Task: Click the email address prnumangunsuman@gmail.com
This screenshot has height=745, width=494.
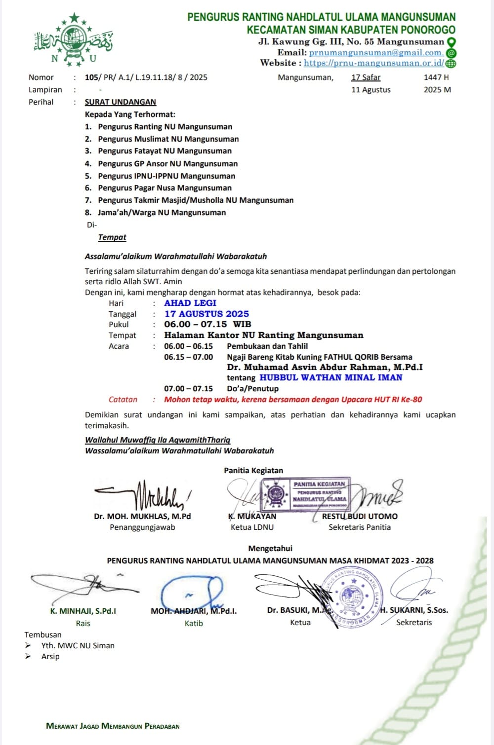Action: click(x=375, y=53)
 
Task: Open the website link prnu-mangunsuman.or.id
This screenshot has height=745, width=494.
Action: click(x=373, y=63)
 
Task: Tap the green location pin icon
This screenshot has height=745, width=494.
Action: click(x=451, y=42)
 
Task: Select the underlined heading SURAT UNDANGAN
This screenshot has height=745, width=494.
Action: click(x=120, y=102)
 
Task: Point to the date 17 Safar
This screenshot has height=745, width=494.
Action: click(x=366, y=77)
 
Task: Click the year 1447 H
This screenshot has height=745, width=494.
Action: click(x=436, y=77)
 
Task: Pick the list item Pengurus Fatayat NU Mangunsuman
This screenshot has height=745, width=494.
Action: click(x=165, y=151)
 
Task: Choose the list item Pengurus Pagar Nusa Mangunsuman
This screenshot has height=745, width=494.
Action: click(x=165, y=188)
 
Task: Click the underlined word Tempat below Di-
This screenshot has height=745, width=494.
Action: click(x=112, y=237)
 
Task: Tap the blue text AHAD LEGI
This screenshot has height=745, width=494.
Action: click(x=190, y=303)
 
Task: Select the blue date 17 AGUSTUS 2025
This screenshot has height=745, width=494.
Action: click(x=206, y=314)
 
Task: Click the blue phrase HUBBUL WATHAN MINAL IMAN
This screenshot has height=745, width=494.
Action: click(x=331, y=377)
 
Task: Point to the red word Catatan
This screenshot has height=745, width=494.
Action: click(x=123, y=400)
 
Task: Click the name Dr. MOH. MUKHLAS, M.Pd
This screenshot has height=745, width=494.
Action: click(x=142, y=517)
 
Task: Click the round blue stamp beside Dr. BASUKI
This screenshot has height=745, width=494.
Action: click(x=352, y=596)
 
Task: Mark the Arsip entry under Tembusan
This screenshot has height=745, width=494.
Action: click(x=50, y=657)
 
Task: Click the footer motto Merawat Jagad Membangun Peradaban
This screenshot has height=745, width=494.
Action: click(x=113, y=726)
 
